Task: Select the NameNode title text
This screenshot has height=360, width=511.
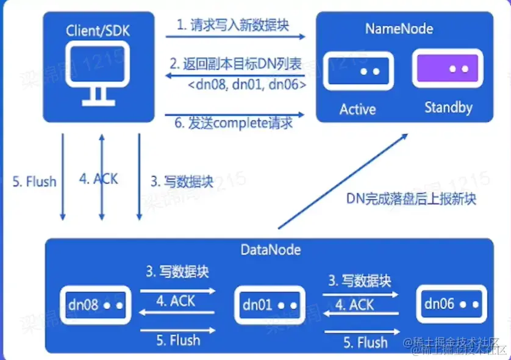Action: (399, 28)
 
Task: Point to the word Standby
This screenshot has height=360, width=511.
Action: (448, 107)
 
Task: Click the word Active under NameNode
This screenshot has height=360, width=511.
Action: (358, 109)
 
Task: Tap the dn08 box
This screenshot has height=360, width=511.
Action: (95, 304)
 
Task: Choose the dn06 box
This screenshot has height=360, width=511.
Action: (452, 303)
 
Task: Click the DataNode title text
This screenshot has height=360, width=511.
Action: (271, 250)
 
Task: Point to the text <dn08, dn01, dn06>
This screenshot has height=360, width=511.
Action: (246, 84)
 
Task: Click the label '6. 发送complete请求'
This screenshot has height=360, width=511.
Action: (234, 123)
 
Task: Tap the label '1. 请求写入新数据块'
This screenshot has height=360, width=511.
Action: (234, 26)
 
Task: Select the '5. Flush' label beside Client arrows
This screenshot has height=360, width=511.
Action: (34, 181)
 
